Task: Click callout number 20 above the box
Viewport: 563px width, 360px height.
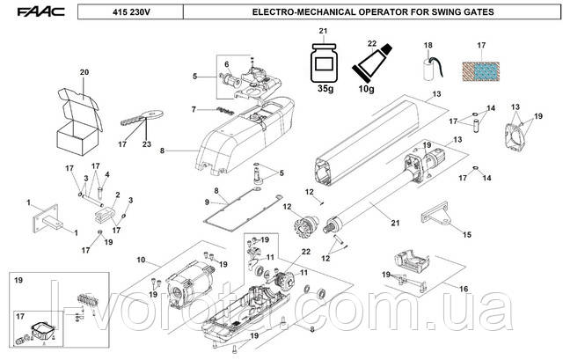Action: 84,71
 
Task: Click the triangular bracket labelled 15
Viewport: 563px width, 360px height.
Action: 438,216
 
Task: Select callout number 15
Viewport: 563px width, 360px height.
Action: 467,234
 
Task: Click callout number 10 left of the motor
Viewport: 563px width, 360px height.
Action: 140,260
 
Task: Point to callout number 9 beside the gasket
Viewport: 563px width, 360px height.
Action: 207,202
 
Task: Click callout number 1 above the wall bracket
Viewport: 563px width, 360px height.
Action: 30,202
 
